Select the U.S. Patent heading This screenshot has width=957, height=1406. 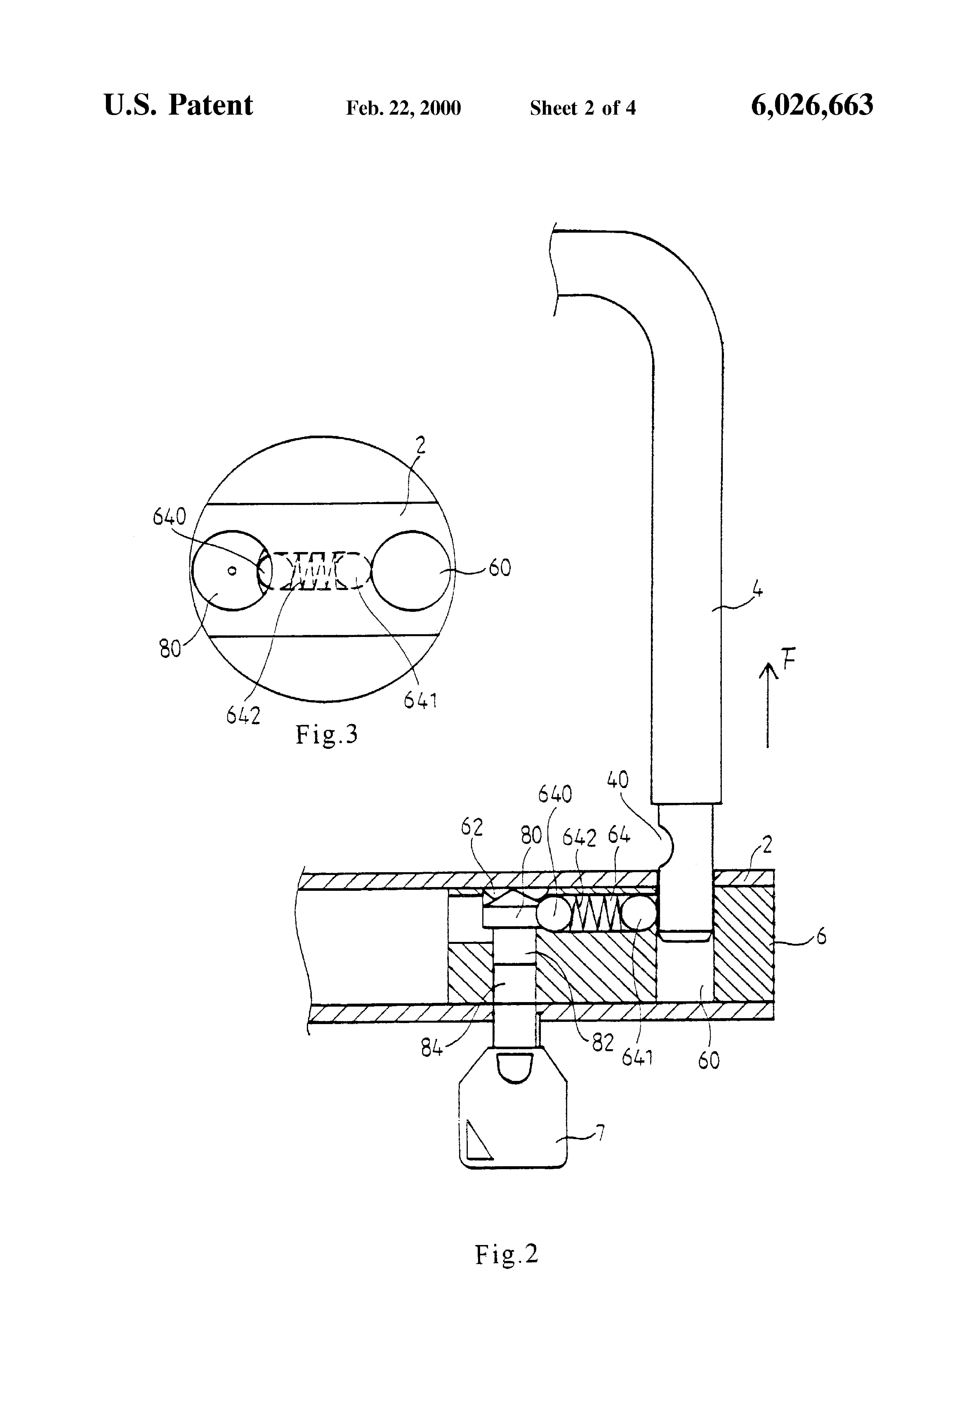(x=178, y=105)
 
